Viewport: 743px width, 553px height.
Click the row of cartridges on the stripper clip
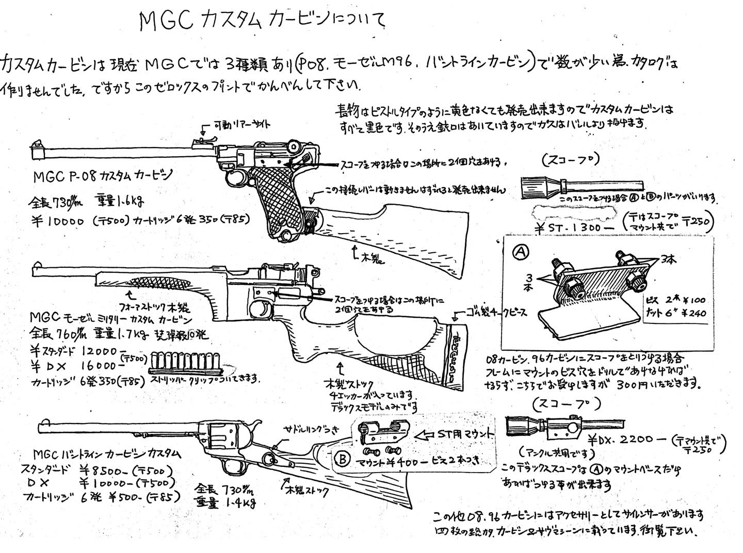click(184, 361)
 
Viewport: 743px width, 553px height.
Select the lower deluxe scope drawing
click(547, 424)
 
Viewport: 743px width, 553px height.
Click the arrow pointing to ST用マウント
click(424, 434)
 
